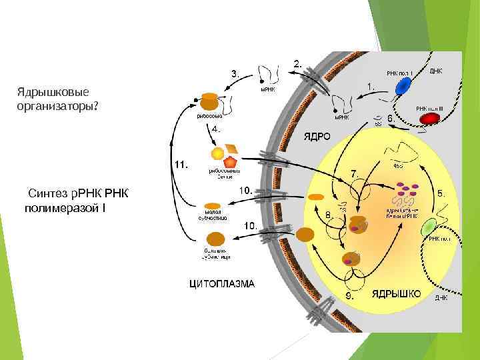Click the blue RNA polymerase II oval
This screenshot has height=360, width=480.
(x=404, y=87)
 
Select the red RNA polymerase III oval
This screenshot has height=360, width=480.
(x=429, y=119)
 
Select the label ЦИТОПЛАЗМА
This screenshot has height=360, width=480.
(x=222, y=283)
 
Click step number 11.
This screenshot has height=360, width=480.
(x=181, y=163)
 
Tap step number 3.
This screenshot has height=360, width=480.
(x=235, y=74)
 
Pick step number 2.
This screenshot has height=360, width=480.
(x=297, y=65)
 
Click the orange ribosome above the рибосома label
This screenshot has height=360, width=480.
(x=209, y=101)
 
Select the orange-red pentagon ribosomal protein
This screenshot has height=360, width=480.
(x=230, y=161)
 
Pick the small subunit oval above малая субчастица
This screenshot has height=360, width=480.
(x=213, y=206)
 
